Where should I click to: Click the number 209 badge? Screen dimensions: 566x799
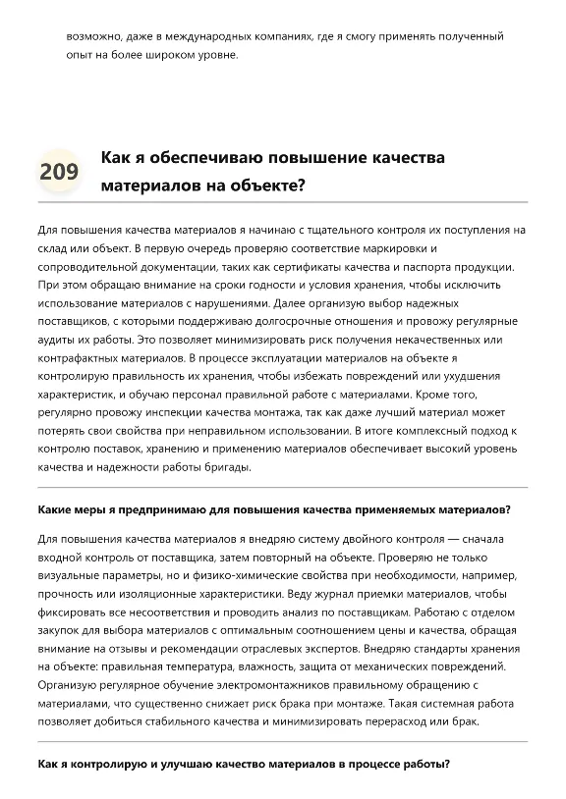(59, 172)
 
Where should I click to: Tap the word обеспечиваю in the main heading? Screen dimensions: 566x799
(186, 157)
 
